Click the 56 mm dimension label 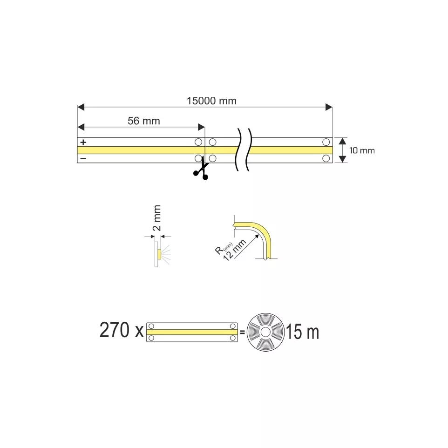pos(144,121)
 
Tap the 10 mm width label pos(362,150)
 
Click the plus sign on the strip pos(83,142)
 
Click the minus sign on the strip pos(83,158)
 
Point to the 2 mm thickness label pos(157,218)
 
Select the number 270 pos(115,330)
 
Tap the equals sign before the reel pos(242,333)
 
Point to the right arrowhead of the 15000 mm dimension pos(329,108)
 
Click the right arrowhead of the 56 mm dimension pos(202,127)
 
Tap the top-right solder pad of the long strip pos(326,142)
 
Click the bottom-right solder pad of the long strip pos(326,159)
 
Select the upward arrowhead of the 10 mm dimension pos(342,141)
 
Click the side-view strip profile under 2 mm pos(157,254)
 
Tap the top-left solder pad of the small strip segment pos(151,326)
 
